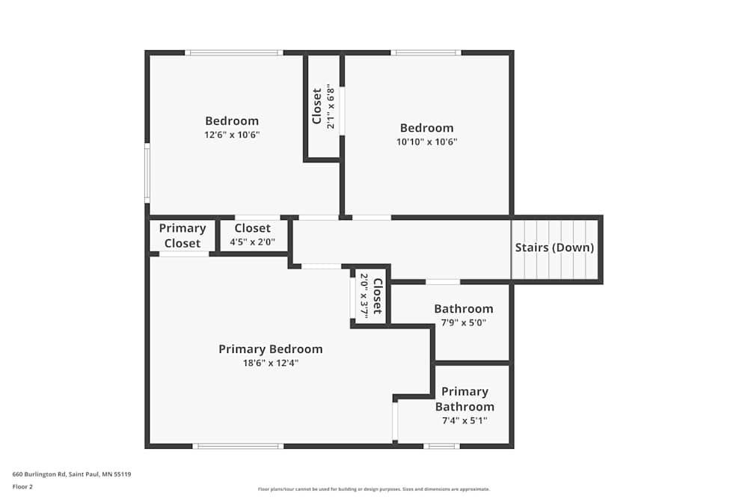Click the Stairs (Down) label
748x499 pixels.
pos(554,248)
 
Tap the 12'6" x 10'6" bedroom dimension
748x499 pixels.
pos(232,135)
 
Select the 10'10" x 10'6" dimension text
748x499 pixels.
pos(426,141)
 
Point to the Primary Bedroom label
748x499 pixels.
pos(271,349)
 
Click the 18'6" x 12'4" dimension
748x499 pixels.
pos(270,363)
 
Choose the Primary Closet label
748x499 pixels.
pos(183,236)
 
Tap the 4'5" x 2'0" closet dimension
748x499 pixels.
pos(253,242)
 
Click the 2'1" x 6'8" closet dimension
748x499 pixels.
pos(330,106)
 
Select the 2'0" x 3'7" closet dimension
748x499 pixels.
pos(364,296)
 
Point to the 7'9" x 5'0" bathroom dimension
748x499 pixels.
pos(464,322)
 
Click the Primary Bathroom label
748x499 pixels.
pos(465,399)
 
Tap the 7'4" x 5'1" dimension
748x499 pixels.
pos(465,420)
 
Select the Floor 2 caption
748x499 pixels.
pos(22,486)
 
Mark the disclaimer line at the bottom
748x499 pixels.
pos(374,489)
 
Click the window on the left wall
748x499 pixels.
pos(147,173)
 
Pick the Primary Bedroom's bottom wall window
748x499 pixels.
pos(238,446)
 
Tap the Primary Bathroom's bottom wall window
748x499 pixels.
pos(441,446)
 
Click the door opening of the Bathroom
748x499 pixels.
pos(443,282)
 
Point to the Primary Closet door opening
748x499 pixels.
pos(184,254)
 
